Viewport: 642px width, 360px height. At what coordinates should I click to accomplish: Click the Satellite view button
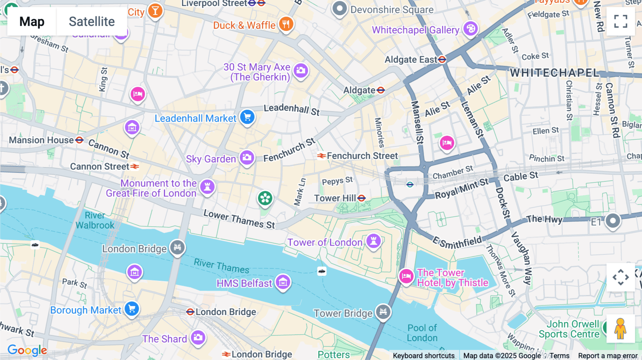tap(92, 21)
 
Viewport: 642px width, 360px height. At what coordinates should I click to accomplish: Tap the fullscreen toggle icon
tap(621, 21)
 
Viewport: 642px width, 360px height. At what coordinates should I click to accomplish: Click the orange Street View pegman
tap(620, 329)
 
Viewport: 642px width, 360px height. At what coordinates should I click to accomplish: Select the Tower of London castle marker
tap(373, 241)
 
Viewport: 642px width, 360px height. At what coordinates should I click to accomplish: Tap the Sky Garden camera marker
tap(247, 158)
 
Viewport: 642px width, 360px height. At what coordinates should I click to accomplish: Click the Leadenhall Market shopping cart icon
tap(247, 117)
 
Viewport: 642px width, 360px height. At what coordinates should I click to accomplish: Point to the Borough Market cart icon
tap(132, 309)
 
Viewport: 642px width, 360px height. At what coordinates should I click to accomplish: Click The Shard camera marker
tap(198, 337)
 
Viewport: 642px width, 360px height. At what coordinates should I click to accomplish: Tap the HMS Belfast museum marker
tap(283, 282)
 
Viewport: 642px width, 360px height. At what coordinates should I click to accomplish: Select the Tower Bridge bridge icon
tap(383, 312)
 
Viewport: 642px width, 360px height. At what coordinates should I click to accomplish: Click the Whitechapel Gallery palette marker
tap(470, 29)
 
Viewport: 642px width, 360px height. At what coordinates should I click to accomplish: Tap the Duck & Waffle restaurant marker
tap(286, 24)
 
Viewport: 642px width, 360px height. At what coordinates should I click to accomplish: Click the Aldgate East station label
tap(411, 60)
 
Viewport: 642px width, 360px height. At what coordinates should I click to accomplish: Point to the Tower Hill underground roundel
tap(362, 198)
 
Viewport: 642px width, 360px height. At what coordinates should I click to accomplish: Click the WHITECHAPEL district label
tap(554, 73)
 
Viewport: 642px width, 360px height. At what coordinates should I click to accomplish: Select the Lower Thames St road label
tap(239, 219)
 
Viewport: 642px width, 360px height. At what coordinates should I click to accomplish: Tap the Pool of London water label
tap(422, 333)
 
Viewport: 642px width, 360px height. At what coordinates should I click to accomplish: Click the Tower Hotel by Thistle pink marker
tap(406, 276)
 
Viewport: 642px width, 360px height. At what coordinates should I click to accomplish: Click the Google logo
tap(27, 350)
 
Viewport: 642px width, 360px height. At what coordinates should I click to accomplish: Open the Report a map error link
tap(607, 355)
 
